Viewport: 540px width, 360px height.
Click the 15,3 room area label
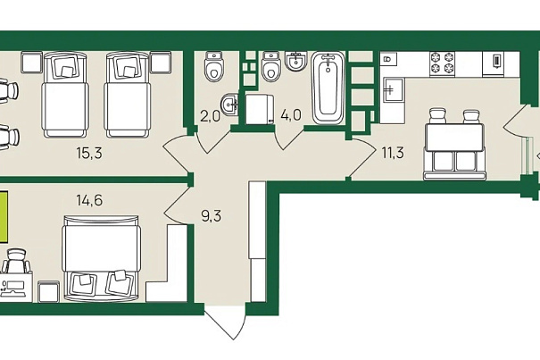(88, 153)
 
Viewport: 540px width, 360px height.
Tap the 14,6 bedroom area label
(88, 200)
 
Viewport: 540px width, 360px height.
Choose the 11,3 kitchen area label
(393, 153)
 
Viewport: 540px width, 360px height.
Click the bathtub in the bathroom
(328, 89)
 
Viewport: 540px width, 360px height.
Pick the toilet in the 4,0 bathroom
(271, 65)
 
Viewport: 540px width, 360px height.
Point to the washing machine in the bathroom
(258, 108)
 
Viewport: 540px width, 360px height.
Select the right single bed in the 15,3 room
(127, 92)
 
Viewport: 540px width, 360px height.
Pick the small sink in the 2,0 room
(230, 105)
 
